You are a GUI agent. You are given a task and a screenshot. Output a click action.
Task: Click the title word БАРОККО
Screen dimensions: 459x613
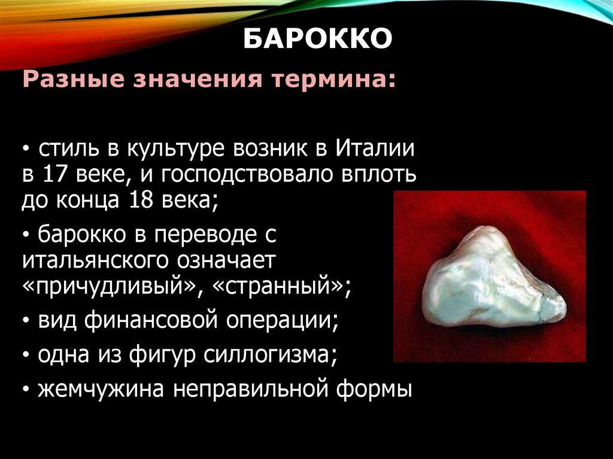click(318, 40)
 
